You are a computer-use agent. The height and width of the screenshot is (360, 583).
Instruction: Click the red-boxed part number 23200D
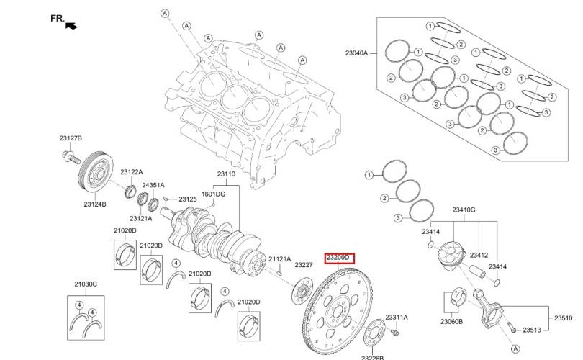(338, 258)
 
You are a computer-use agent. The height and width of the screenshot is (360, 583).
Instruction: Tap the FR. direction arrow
(71, 26)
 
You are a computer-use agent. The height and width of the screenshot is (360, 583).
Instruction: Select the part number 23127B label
(71, 138)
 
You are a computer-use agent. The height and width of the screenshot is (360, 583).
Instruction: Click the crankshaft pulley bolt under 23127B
(71, 156)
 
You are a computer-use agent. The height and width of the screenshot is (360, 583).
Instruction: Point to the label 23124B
(95, 204)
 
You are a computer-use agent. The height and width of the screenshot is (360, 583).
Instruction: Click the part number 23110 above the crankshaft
(226, 174)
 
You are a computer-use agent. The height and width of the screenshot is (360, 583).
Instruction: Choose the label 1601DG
(214, 194)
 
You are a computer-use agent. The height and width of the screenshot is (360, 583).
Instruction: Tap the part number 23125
(188, 199)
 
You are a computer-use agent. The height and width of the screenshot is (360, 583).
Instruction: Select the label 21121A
(280, 259)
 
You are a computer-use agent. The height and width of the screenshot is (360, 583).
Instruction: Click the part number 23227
(304, 265)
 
